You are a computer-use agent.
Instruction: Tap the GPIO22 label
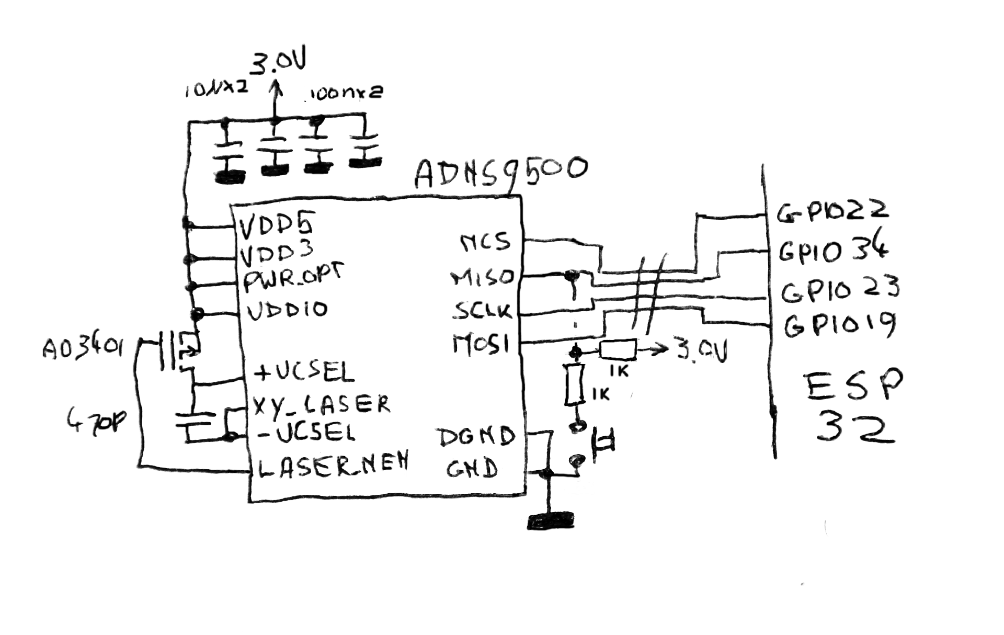pos(832,211)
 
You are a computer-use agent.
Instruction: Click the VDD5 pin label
pos(276,225)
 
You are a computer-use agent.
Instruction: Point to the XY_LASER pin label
pos(321,404)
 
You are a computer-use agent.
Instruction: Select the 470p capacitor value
pos(97,418)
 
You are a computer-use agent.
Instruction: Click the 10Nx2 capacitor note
pos(216,90)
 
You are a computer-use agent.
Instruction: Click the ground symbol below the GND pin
pos(551,521)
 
